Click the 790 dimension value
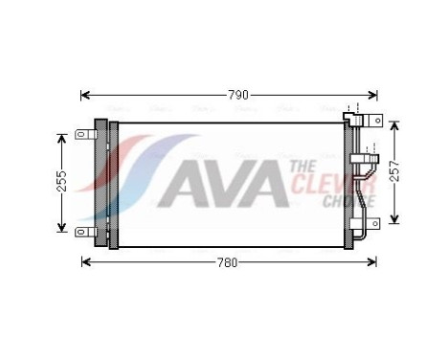pos(237,95)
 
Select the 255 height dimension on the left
pos(61,181)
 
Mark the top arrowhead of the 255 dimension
pos(61,135)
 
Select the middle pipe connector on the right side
pos(361,158)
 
